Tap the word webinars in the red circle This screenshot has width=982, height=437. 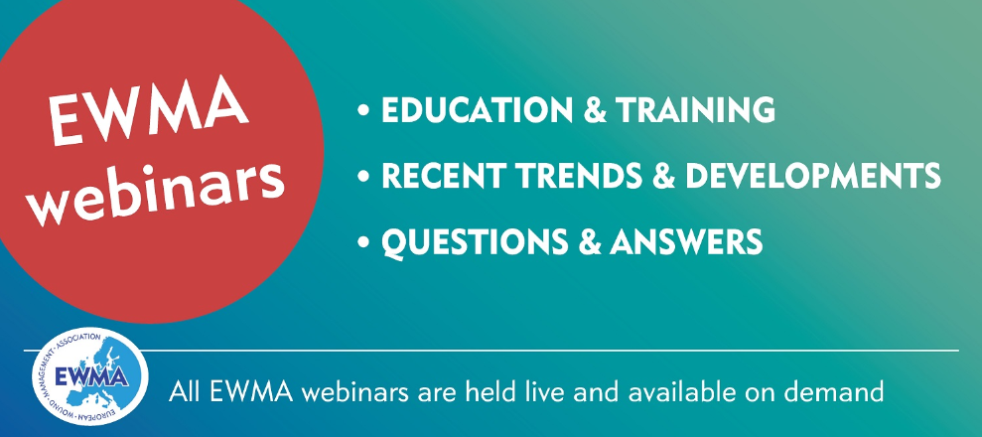pyautogui.click(x=159, y=187)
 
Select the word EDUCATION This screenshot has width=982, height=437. pyautogui.click(x=476, y=110)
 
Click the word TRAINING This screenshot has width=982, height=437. pyautogui.click(x=696, y=110)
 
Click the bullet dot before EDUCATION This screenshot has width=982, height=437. pyautogui.click(x=363, y=111)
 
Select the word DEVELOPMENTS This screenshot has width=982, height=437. pyautogui.click(x=812, y=176)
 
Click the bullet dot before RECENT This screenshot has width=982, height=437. pyautogui.click(x=363, y=177)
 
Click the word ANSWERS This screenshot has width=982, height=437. pyautogui.click(x=686, y=241)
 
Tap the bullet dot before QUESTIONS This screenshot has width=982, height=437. pyautogui.click(x=363, y=243)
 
